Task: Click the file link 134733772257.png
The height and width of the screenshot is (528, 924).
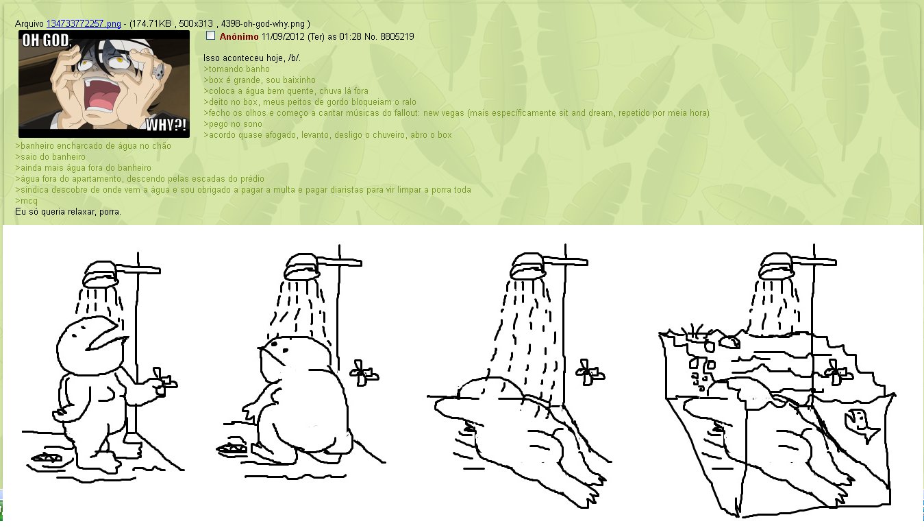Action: [84, 23]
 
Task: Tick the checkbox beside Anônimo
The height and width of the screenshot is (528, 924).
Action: [210, 36]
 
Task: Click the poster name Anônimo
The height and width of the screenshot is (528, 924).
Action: [239, 36]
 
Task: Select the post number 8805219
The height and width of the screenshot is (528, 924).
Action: [397, 36]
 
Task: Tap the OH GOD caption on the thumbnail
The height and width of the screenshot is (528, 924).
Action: [47, 40]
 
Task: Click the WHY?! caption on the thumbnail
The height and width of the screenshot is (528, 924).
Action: [166, 125]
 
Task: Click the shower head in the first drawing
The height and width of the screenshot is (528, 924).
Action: [101, 274]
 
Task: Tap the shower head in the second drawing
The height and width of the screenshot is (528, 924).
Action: [302, 267]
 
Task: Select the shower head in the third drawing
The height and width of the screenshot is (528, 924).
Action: [527, 266]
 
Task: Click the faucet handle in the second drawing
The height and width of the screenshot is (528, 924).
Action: [364, 373]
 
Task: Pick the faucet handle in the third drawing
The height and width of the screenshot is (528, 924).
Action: [590, 372]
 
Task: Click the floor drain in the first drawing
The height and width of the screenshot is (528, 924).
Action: [47, 457]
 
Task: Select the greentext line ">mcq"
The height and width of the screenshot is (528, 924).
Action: [27, 201]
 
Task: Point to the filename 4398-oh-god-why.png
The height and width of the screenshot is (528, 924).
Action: [264, 23]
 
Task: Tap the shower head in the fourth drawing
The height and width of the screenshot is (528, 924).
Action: [776, 266]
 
